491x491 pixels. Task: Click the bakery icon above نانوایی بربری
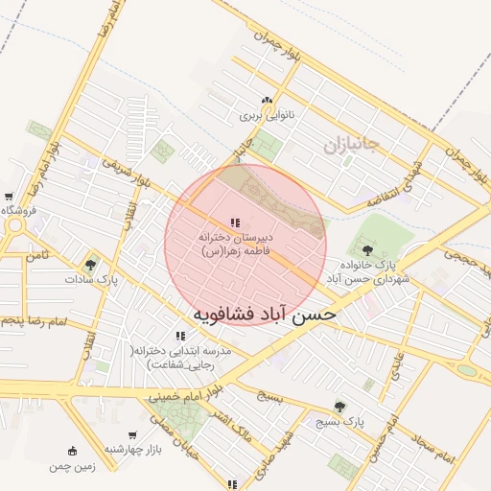(267, 101)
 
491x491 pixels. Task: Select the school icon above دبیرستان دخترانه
(235, 223)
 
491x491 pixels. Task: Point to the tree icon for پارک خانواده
(367, 250)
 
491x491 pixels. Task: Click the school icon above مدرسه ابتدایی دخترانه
(180, 337)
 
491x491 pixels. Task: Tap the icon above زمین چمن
(72, 451)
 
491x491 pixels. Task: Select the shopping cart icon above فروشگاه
(9, 197)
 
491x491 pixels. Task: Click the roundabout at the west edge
(15, 228)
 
